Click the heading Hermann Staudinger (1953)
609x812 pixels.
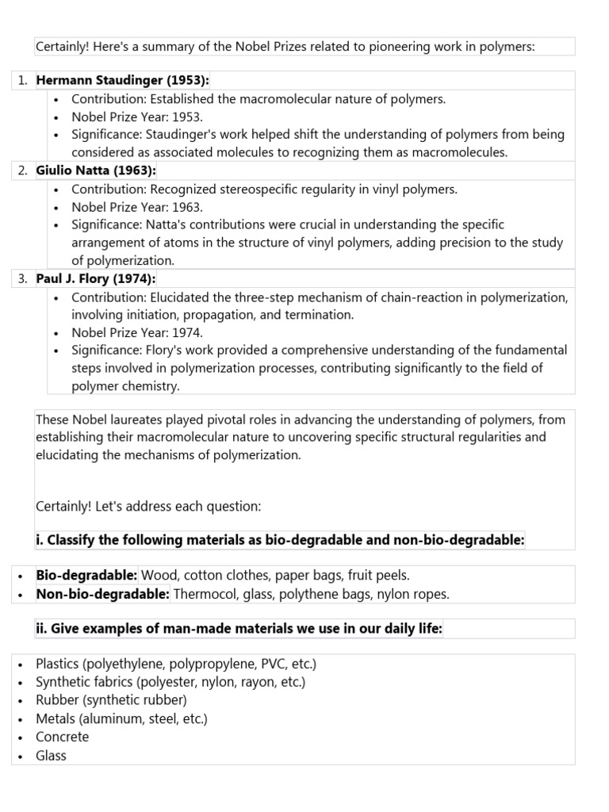click(122, 80)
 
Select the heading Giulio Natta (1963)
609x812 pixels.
click(96, 170)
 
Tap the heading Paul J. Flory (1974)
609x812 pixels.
click(96, 278)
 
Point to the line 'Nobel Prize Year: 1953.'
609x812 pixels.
click(137, 117)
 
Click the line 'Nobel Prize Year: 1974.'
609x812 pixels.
click(137, 332)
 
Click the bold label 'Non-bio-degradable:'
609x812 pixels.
click(102, 593)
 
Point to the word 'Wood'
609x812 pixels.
click(159, 575)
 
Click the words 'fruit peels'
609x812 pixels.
click(378, 575)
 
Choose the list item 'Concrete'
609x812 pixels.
click(62, 737)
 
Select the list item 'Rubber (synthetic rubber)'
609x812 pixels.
click(111, 700)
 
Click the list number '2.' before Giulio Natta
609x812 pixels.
click(22, 170)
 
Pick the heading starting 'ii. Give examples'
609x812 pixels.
click(239, 629)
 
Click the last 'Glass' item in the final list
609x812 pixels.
click(51, 755)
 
